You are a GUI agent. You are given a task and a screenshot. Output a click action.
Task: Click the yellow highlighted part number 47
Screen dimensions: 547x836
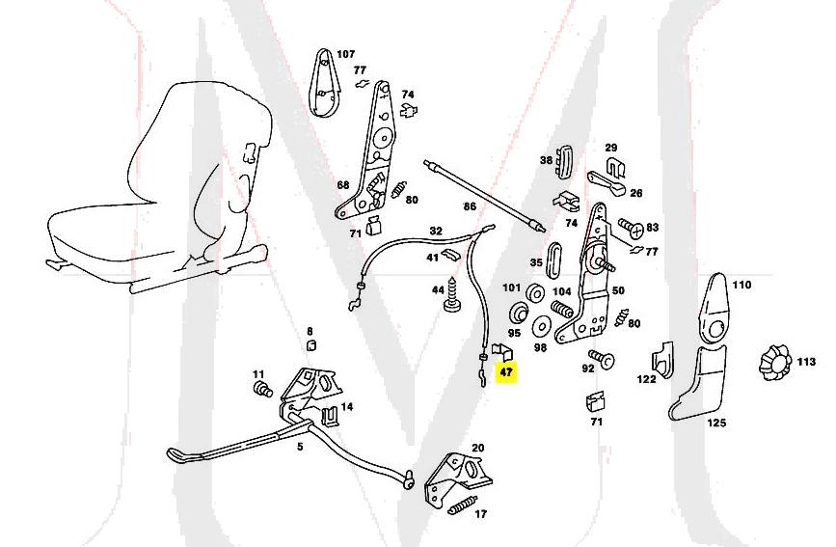[x=507, y=370]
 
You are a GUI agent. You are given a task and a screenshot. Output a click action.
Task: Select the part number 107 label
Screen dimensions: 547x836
[x=344, y=54]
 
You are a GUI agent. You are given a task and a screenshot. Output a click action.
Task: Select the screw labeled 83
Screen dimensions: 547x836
[x=632, y=229]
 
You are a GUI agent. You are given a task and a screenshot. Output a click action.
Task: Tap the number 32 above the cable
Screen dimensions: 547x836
[x=436, y=232]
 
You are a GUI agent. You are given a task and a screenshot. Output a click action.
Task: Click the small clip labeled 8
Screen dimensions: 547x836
[x=310, y=347]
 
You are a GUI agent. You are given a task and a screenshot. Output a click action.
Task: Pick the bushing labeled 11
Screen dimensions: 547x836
[x=259, y=391]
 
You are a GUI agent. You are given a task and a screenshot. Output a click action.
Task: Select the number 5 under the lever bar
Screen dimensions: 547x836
[x=299, y=447]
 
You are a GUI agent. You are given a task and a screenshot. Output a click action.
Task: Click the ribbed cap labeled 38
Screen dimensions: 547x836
[x=565, y=157]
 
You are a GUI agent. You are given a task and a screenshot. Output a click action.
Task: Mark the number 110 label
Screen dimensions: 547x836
[x=741, y=286]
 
